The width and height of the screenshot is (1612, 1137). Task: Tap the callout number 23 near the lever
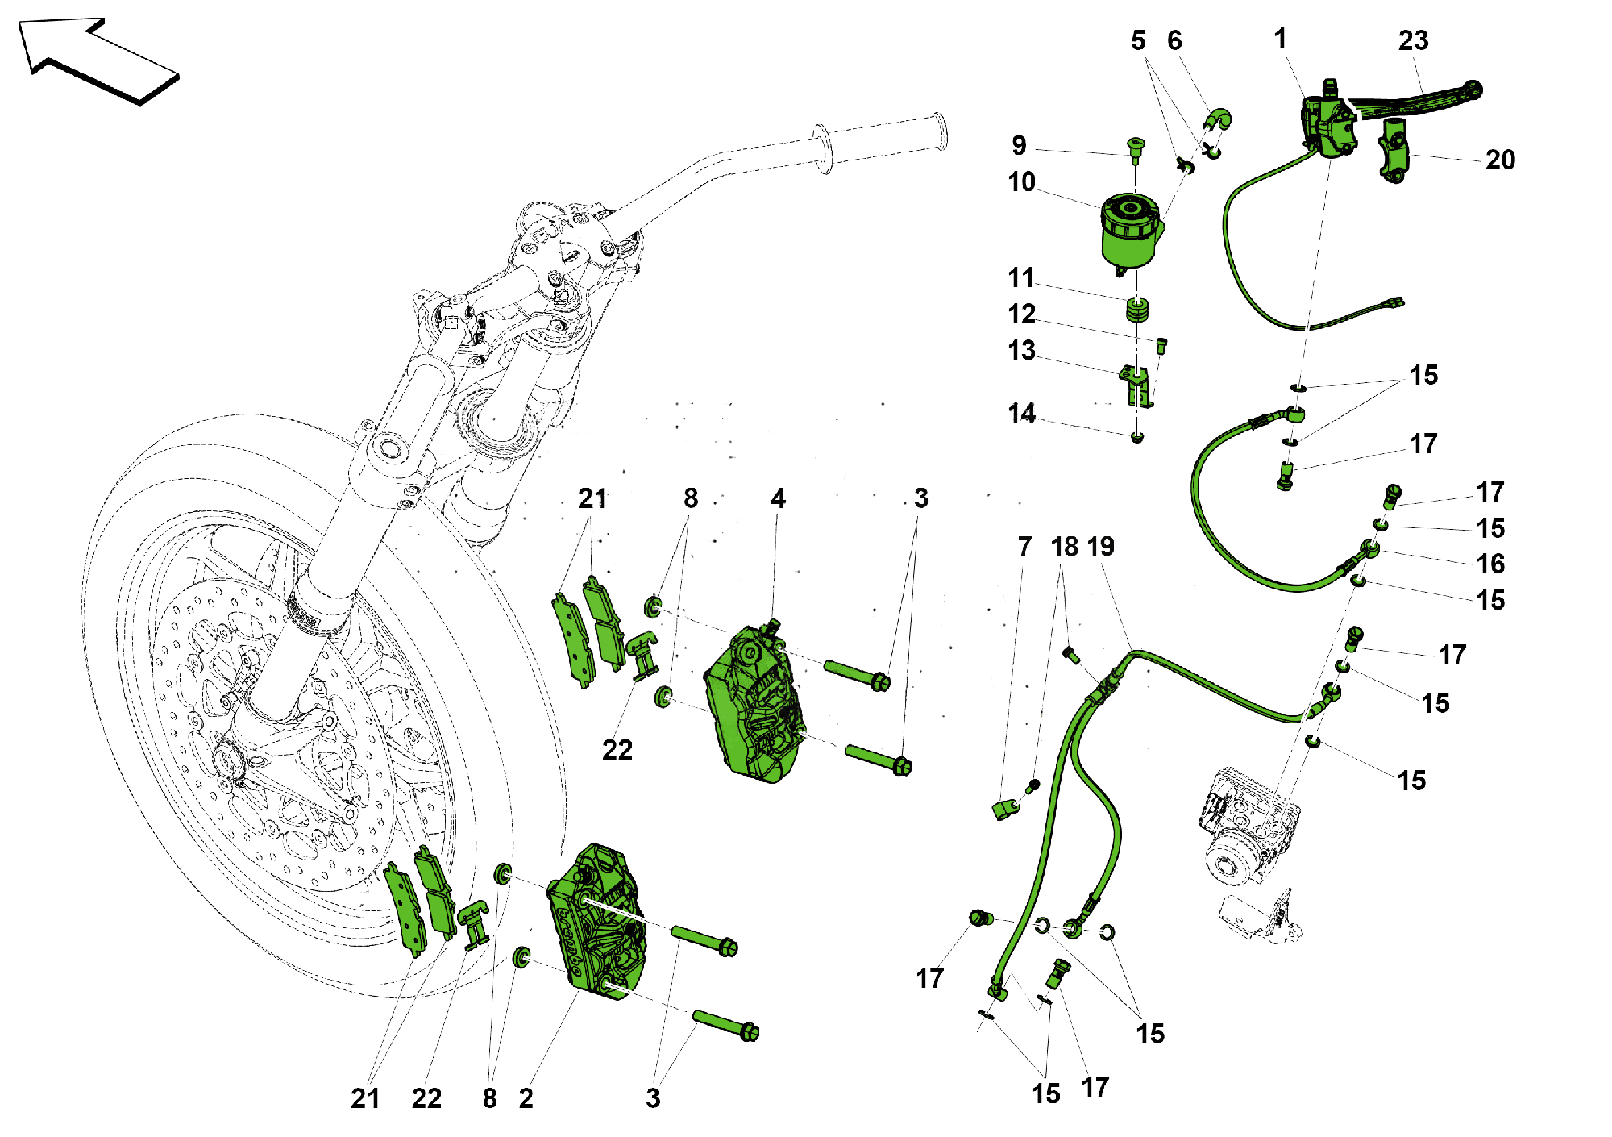coord(1413,41)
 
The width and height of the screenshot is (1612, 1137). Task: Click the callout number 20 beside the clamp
coord(1499,160)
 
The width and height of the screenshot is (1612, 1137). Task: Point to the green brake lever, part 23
coord(1419,101)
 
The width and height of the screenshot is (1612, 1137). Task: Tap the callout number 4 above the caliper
coord(778,498)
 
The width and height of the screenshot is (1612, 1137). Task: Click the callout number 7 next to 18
coord(1024,548)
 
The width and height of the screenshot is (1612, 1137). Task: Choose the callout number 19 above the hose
coord(1101,548)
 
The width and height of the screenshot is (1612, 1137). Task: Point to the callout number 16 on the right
coord(1490,564)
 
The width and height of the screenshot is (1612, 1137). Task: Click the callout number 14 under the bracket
coord(1021,414)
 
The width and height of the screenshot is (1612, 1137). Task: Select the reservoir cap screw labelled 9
coord(1136,148)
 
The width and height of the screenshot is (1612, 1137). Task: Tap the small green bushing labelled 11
coord(1137,310)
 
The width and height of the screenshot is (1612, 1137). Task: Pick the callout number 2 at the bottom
coord(526,1098)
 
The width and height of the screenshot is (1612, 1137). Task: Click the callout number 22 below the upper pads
coord(617,750)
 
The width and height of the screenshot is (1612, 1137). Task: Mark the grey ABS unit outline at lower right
coord(1245,831)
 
